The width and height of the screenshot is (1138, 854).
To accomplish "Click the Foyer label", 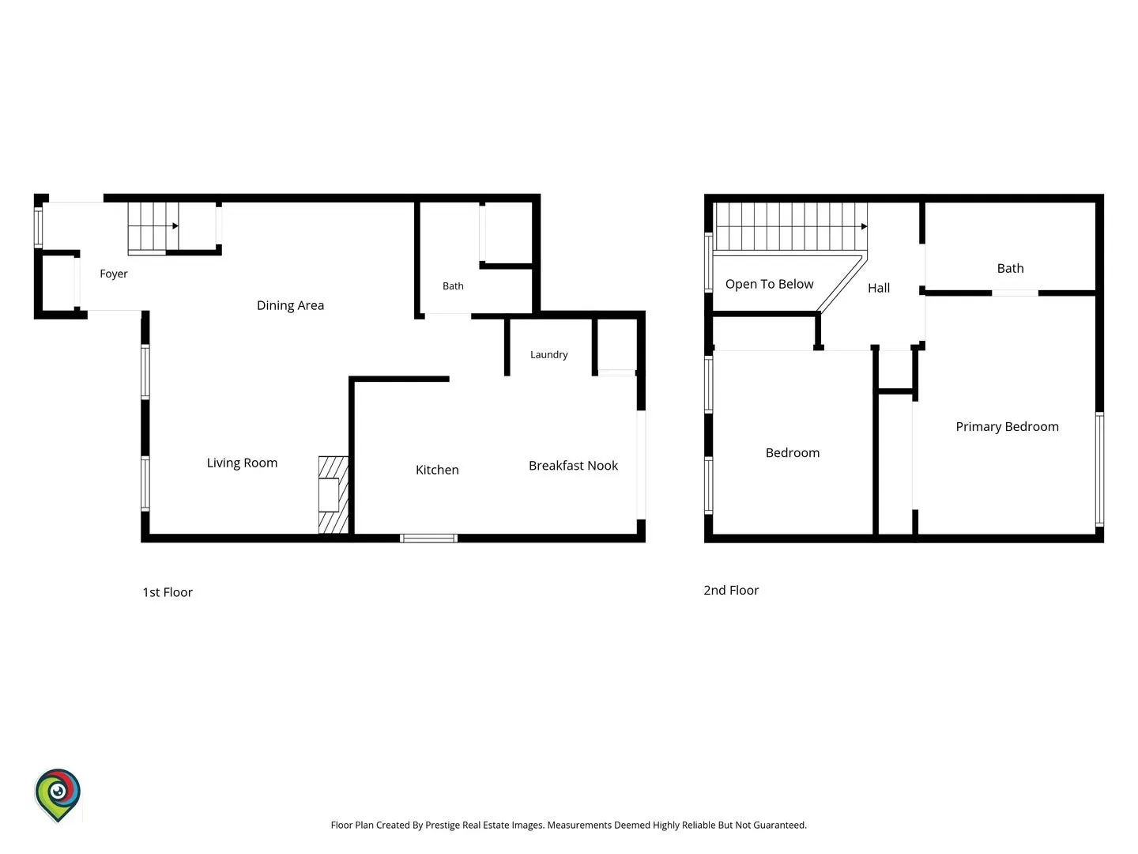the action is [114, 274].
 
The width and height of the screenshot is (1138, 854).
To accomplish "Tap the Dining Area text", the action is [290, 305].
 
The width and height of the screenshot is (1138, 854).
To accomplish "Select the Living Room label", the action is [242, 463].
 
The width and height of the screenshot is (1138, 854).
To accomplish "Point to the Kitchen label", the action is [437, 470].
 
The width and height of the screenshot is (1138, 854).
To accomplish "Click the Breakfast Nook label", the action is [573, 466].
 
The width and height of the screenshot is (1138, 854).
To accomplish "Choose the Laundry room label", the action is [548, 355].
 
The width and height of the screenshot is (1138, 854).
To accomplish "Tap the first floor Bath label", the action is [453, 285].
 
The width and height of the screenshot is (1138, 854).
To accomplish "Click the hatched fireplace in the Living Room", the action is [333, 495].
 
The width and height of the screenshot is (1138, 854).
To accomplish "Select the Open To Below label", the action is [769, 284].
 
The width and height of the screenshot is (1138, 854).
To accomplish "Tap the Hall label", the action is [878, 288].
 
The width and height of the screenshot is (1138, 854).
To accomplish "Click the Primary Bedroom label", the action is [1007, 427].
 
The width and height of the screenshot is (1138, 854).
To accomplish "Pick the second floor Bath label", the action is [1010, 268].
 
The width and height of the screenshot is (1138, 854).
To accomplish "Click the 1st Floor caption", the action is [168, 592].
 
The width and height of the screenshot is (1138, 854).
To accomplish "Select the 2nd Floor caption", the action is [730, 590].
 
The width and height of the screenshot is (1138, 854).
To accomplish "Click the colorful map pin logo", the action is [58, 795].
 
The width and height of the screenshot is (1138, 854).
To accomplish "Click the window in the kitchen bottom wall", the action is [428, 538].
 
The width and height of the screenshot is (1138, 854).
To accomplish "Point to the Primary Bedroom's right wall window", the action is [1099, 469].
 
